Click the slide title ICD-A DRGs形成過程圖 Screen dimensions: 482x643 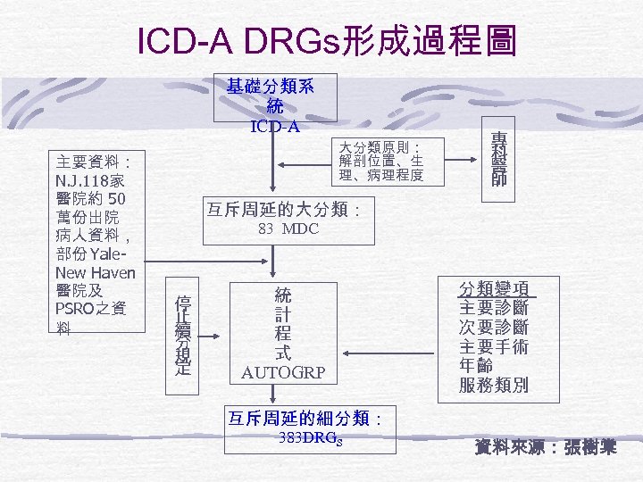click(327, 39)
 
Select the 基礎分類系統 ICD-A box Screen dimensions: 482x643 click(275, 97)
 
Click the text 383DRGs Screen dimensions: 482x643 click(309, 438)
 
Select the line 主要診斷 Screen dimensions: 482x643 click(494, 308)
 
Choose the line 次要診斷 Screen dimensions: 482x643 click(494, 328)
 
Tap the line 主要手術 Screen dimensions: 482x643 click(494, 347)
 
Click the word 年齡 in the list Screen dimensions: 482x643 click(476, 366)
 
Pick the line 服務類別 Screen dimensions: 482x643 click(494, 386)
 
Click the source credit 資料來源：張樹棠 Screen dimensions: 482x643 click(546, 446)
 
